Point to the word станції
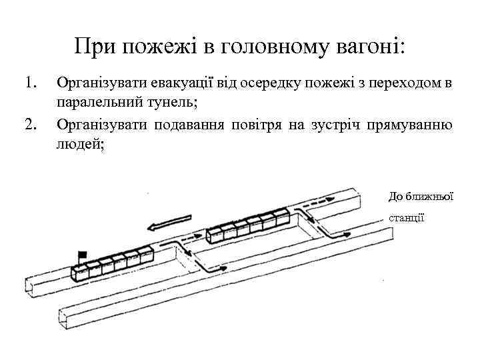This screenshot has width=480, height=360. (x=405, y=218)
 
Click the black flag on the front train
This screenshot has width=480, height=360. (x=83, y=254)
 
